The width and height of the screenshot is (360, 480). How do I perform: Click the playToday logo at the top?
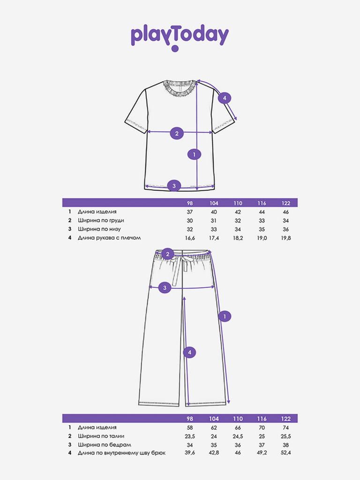point(180,38)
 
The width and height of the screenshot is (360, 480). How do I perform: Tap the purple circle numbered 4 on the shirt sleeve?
point(225,98)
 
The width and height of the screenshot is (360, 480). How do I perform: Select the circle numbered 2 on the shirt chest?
point(177,133)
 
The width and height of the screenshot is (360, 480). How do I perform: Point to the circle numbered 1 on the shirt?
point(194,154)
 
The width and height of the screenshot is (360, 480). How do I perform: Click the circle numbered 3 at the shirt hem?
point(174,186)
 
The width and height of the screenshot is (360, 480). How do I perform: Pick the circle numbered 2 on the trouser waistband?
point(167,254)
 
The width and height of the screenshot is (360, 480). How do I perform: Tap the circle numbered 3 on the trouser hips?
point(165,287)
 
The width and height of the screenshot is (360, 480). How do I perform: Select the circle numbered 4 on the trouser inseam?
point(189,352)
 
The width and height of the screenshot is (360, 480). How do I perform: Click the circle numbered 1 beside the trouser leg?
point(225,316)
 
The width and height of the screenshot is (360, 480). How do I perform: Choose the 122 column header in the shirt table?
point(285,203)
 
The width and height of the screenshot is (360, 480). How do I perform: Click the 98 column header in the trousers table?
point(190,419)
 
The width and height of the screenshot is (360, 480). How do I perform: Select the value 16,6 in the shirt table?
point(190,238)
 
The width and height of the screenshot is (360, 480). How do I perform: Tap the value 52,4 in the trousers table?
point(285,453)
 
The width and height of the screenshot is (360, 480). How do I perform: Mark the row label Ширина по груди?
point(101,220)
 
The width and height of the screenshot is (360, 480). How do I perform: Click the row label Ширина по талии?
point(101,436)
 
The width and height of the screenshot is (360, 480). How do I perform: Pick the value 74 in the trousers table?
point(285,427)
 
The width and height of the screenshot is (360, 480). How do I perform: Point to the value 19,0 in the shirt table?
point(262,238)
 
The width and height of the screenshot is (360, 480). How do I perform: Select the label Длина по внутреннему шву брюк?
point(121,453)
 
